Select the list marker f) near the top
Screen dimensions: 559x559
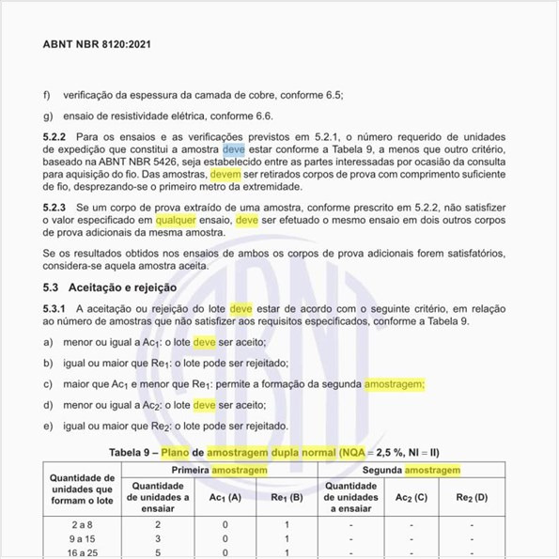click(x=48, y=96)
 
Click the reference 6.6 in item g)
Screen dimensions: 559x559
click(x=262, y=116)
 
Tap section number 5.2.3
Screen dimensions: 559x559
click(x=56, y=206)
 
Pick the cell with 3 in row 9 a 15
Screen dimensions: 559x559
click(x=158, y=538)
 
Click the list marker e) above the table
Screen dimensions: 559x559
click(x=48, y=426)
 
